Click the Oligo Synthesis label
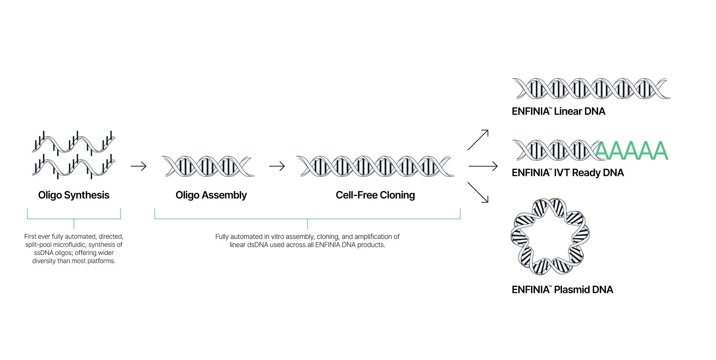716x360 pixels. pyautogui.click(x=74, y=195)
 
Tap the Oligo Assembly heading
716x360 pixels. pyautogui.click(x=211, y=195)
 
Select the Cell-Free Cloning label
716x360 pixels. pyautogui.click(x=375, y=195)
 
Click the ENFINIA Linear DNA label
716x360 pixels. pyautogui.click(x=558, y=111)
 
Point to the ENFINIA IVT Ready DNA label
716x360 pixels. pyautogui.click(x=568, y=173)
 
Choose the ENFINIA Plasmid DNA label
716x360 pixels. pyautogui.click(x=562, y=290)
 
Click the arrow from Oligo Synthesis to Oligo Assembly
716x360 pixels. pyautogui.click(x=139, y=166)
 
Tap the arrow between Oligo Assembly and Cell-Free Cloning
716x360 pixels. pyautogui.click(x=277, y=166)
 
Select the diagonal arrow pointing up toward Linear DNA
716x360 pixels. pyautogui.click(x=478, y=140)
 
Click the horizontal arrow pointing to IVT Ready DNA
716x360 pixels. pyautogui.click(x=483, y=166)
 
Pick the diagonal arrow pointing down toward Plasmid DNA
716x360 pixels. pyautogui.click(x=478, y=192)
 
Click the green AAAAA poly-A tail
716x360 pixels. pyautogui.click(x=632, y=151)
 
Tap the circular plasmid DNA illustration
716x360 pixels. pyautogui.click(x=550, y=236)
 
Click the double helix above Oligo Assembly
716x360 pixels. pyautogui.click(x=208, y=166)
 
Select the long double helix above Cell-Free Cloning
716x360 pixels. pyautogui.click(x=376, y=166)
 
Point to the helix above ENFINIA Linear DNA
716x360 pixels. pyautogui.click(x=591, y=89)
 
